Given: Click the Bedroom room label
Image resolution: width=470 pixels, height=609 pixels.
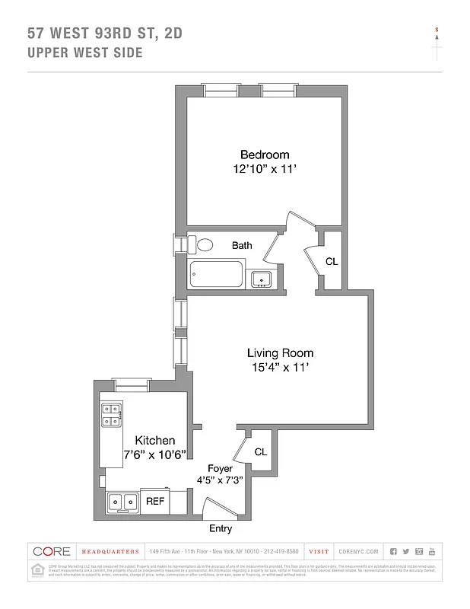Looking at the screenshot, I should (x=265, y=155).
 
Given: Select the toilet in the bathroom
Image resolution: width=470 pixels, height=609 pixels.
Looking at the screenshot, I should (x=202, y=245).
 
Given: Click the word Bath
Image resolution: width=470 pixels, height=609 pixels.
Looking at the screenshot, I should (x=242, y=245).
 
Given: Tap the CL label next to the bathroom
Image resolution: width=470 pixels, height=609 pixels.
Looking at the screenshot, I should (x=332, y=261).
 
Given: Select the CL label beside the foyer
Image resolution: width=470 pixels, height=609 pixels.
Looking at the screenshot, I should (x=261, y=451).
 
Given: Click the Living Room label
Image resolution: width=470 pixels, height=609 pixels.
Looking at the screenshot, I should (x=280, y=353).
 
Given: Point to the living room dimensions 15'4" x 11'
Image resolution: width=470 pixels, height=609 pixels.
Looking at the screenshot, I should (x=280, y=368).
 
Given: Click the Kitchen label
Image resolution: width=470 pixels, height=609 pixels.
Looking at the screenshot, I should (x=155, y=441).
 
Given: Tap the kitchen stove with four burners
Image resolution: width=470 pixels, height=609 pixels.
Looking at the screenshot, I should (x=111, y=413).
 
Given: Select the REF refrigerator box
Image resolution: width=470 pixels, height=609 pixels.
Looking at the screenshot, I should (x=155, y=502).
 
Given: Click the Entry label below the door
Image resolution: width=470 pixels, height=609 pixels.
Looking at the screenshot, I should (x=220, y=528).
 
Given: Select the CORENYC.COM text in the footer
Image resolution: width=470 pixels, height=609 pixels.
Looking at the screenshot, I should (x=356, y=551).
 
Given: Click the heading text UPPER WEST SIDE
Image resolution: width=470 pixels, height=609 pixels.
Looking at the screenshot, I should (x=84, y=53).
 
